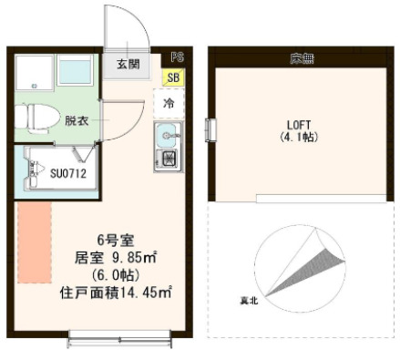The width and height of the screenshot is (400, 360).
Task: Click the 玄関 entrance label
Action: coord(128,64)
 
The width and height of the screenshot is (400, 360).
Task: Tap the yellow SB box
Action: coord(172,78)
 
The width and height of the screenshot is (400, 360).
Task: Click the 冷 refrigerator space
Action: coord(169,104)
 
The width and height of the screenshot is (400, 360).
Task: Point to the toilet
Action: coord(35,117)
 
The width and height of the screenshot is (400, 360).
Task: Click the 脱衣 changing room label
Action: coord(76,119)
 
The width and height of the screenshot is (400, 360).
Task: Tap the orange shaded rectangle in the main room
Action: coord(35,242)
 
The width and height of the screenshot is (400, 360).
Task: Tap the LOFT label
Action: coord(299,125)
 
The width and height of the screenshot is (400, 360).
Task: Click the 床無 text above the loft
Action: coord(301,60)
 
